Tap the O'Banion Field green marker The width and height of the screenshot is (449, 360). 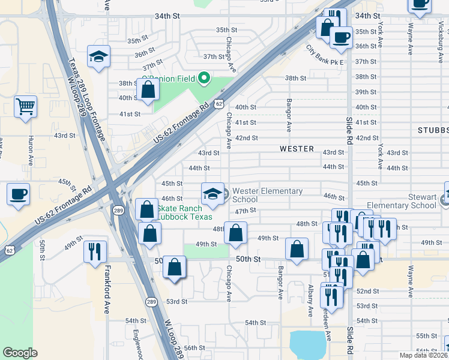pos(203,78)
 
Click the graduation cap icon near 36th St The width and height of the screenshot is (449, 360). pos(98,57)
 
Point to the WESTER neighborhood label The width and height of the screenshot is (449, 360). pos(297,148)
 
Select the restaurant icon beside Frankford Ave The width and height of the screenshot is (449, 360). pos(95,251)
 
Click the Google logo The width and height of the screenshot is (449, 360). pos(20,352)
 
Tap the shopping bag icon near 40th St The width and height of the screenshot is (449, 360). pos(148,90)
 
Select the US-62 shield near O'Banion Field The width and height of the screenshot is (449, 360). pos(221,104)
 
